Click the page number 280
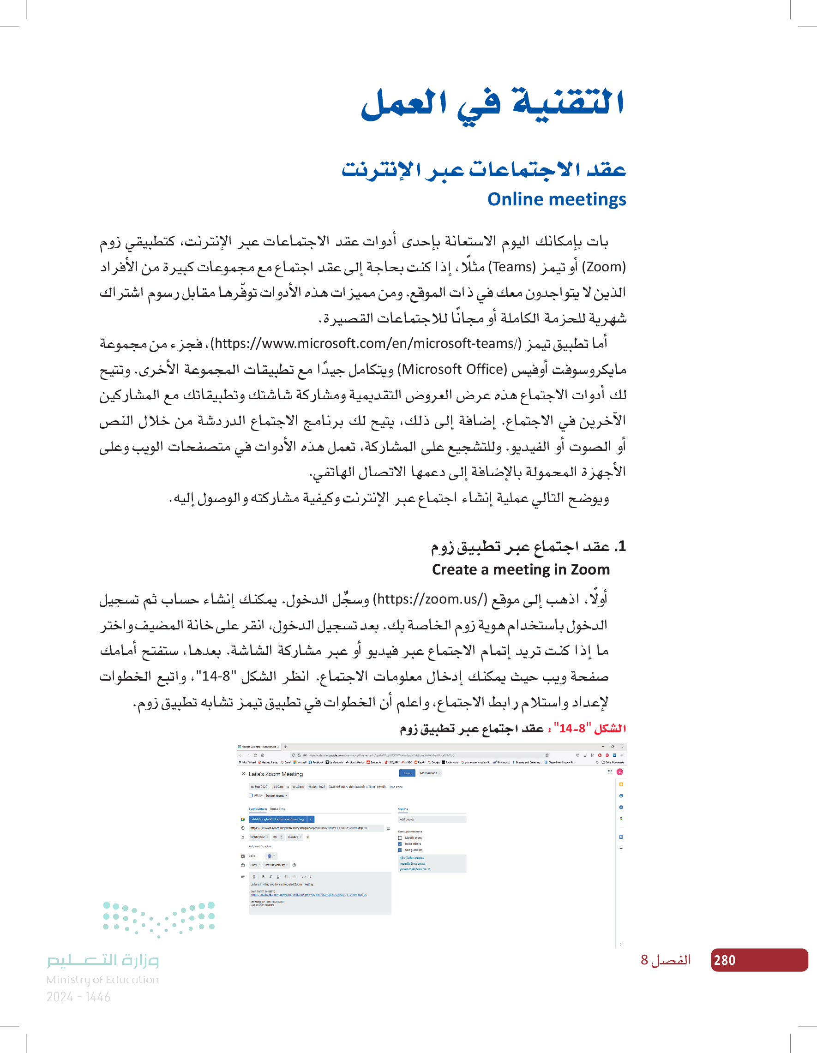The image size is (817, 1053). (x=724, y=960)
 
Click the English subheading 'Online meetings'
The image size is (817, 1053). (x=556, y=199)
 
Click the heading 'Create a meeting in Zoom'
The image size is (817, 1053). (x=520, y=569)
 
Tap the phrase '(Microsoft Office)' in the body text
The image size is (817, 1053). (x=454, y=369)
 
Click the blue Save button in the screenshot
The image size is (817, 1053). (x=407, y=773)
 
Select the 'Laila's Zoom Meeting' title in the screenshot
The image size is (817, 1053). (x=276, y=774)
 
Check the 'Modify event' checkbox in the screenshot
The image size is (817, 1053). (x=400, y=838)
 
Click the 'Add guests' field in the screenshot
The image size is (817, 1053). (x=432, y=819)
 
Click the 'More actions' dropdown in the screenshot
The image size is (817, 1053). (x=429, y=773)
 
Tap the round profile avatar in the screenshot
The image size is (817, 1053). (x=620, y=772)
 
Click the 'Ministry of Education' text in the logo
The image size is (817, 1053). (x=102, y=980)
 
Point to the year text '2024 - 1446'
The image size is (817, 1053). (x=78, y=997)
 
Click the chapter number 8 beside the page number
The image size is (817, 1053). (x=644, y=960)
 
